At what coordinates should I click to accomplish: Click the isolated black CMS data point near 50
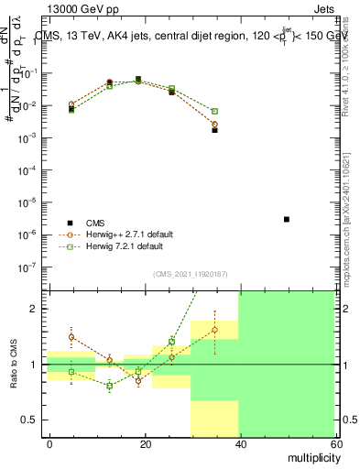click(287, 220)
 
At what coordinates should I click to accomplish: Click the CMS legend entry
click(95, 223)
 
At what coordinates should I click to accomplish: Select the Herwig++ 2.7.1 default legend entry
click(123, 234)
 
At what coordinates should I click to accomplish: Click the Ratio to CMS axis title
click(13, 365)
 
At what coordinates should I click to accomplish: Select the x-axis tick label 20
click(143, 443)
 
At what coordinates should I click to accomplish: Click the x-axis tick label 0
click(49, 443)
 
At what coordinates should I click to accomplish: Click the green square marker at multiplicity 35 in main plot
click(214, 111)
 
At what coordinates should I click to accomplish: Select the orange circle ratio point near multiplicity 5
click(71, 337)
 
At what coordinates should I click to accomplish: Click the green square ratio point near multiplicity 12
click(109, 386)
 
